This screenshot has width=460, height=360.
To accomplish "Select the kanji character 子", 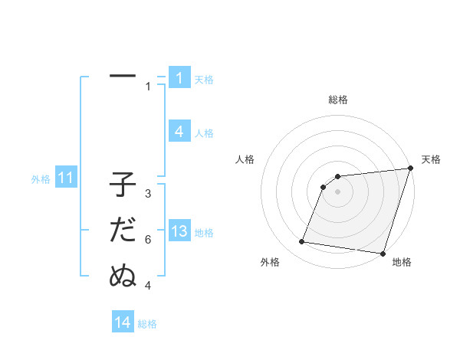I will point(123,186).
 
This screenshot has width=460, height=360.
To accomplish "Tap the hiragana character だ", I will point(123,231).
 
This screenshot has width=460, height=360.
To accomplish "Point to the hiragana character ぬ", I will point(123,275).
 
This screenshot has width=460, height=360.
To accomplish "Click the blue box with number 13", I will point(179,231).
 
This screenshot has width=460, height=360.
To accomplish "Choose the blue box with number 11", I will point(66,178).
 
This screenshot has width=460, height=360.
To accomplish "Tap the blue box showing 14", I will point(123,322).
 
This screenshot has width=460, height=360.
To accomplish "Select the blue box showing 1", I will point(179,77).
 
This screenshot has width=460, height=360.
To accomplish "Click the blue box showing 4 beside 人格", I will point(179,131).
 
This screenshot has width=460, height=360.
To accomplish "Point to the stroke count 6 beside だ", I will point(148,240).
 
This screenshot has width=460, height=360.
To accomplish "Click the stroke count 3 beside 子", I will point(148,194).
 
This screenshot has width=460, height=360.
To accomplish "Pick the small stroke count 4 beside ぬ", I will point(148,286).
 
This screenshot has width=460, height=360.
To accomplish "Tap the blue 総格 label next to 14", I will point(147,324).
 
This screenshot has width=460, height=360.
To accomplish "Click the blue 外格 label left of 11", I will point(41,179).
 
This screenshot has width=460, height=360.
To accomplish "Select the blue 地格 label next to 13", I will point(204,233).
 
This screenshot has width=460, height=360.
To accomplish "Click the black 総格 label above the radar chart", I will point(337,100).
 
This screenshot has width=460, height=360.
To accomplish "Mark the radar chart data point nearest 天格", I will point(410,169).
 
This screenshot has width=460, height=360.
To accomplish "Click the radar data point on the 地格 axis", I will point(383,253).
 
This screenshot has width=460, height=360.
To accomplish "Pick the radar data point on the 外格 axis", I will point(302,242).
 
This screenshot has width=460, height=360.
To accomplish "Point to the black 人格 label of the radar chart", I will point(245,159).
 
